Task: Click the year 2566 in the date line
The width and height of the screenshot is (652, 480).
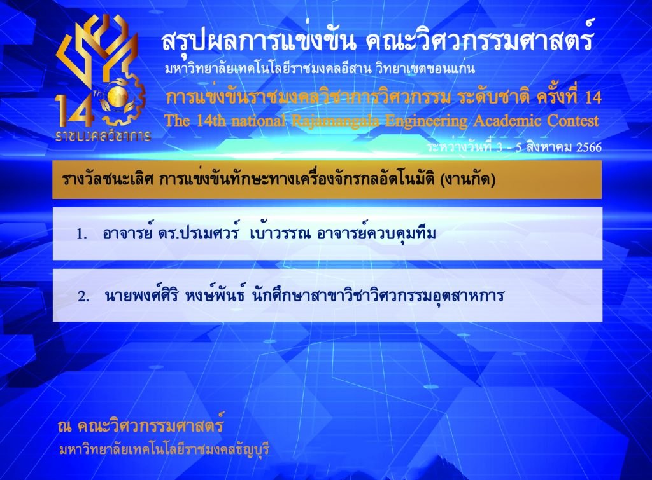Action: pos(589,147)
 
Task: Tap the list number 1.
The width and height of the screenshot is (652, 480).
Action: pos(81,235)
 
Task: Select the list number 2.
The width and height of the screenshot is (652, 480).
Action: pos(83,296)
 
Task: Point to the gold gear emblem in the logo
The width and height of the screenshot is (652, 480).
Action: pos(123,99)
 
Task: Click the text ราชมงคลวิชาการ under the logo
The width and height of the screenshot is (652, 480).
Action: pos(103,136)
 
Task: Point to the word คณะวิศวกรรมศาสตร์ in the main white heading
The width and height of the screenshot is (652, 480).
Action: pos(479,41)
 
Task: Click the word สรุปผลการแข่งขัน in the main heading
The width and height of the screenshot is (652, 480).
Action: pos(259,41)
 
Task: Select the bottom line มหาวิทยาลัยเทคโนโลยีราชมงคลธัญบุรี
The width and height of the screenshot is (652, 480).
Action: pos(165,449)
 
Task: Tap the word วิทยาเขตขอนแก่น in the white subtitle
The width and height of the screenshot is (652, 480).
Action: pos(425,69)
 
